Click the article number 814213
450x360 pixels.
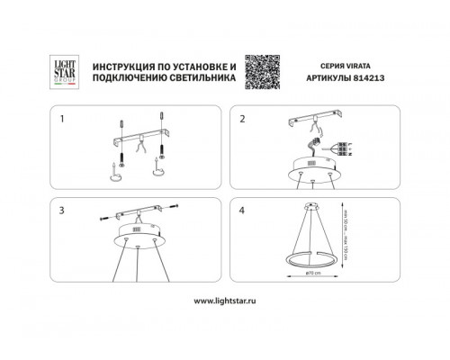(360, 80)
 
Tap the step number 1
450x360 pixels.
(62, 118)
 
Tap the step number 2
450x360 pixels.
(241, 118)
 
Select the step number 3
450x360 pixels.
(62, 209)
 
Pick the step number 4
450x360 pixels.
(241, 209)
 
